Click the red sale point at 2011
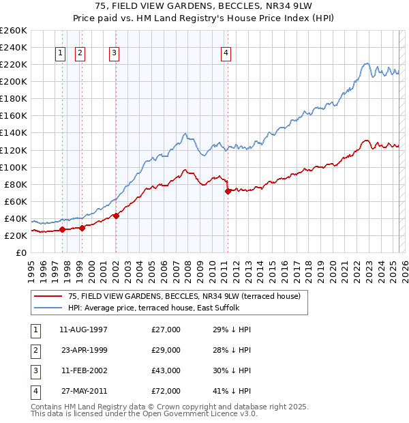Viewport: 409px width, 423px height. point(228,191)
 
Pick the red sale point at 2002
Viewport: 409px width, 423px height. point(116,216)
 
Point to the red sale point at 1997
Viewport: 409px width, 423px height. point(62,229)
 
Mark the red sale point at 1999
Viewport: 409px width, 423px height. point(82,228)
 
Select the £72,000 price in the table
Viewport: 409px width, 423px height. point(166,391)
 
